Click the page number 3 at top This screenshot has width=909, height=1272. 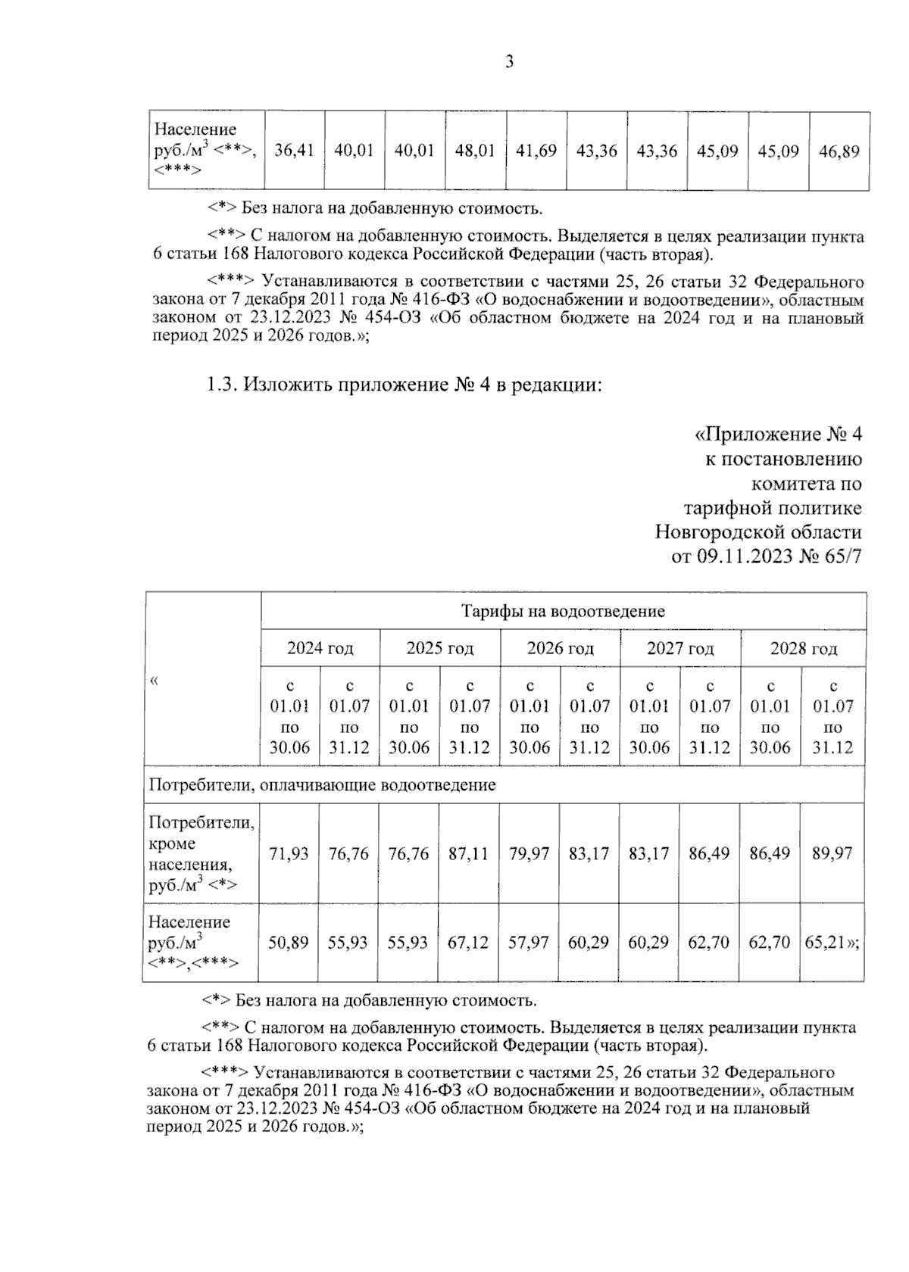(x=509, y=62)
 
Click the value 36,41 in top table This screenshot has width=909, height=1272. (x=294, y=151)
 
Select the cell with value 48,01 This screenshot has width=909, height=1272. (x=475, y=151)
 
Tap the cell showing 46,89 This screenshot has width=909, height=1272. (x=839, y=151)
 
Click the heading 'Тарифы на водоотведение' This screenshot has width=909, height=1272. (x=563, y=611)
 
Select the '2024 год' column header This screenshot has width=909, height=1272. (x=320, y=648)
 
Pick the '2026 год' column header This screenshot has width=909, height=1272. (x=560, y=648)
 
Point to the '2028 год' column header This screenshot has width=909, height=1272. (x=803, y=648)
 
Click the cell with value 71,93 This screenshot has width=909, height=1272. (x=289, y=853)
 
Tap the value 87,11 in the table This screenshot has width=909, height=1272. (x=469, y=853)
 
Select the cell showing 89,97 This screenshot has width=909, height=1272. (x=832, y=853)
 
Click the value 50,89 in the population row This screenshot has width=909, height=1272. (x=289, y=943)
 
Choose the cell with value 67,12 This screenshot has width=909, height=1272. (x=469, y=943)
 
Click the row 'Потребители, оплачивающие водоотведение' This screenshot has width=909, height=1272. (x=322, y=784)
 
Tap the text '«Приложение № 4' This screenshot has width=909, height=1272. (x=778, y=435)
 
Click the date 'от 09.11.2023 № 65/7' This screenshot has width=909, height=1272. (x=767, y=556)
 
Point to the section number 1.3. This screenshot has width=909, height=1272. (x=223, y=385)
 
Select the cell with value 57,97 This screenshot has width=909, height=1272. (x=529, y=943)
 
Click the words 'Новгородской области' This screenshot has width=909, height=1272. (x=758, y=532)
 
